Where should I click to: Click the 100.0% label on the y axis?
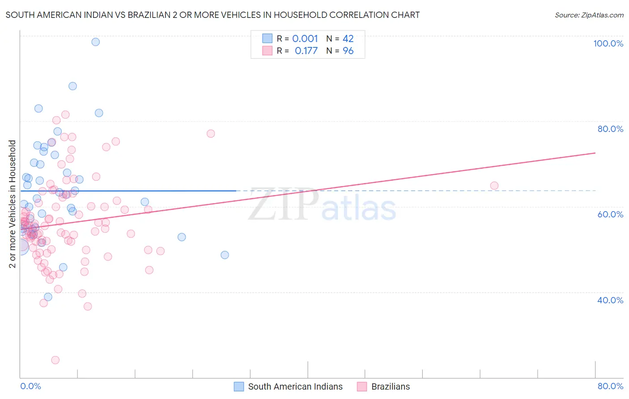click(x=608, y=43)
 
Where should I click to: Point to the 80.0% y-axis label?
click(x=610, y=129)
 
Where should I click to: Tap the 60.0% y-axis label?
click(x=610, y=214)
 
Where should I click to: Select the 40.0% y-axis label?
click(x=610, y=300)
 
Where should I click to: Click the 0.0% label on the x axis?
click(x=30, y=386)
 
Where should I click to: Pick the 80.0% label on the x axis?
click(x=610, y=386)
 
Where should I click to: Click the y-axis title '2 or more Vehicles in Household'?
click(x=13, y=204)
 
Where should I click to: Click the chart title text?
click(x=212, y=15)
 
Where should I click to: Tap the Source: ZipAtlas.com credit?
click(x=589, y=15)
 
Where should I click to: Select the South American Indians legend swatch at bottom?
click(x=239, y=386)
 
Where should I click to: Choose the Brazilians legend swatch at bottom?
click(x=362, y=386)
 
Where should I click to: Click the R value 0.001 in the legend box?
click(x=305, y=38)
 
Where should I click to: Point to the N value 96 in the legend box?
click(x=348, y=51)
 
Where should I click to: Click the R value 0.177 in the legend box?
click(x=306, y=51)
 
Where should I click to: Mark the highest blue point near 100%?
click(x=95, y=42)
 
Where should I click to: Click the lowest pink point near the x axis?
click(x=55, y=360)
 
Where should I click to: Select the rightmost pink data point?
click(x=494, y=186)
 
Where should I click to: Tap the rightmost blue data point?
click(x=225, y=255)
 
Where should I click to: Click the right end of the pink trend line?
click(x=595, y=153)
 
